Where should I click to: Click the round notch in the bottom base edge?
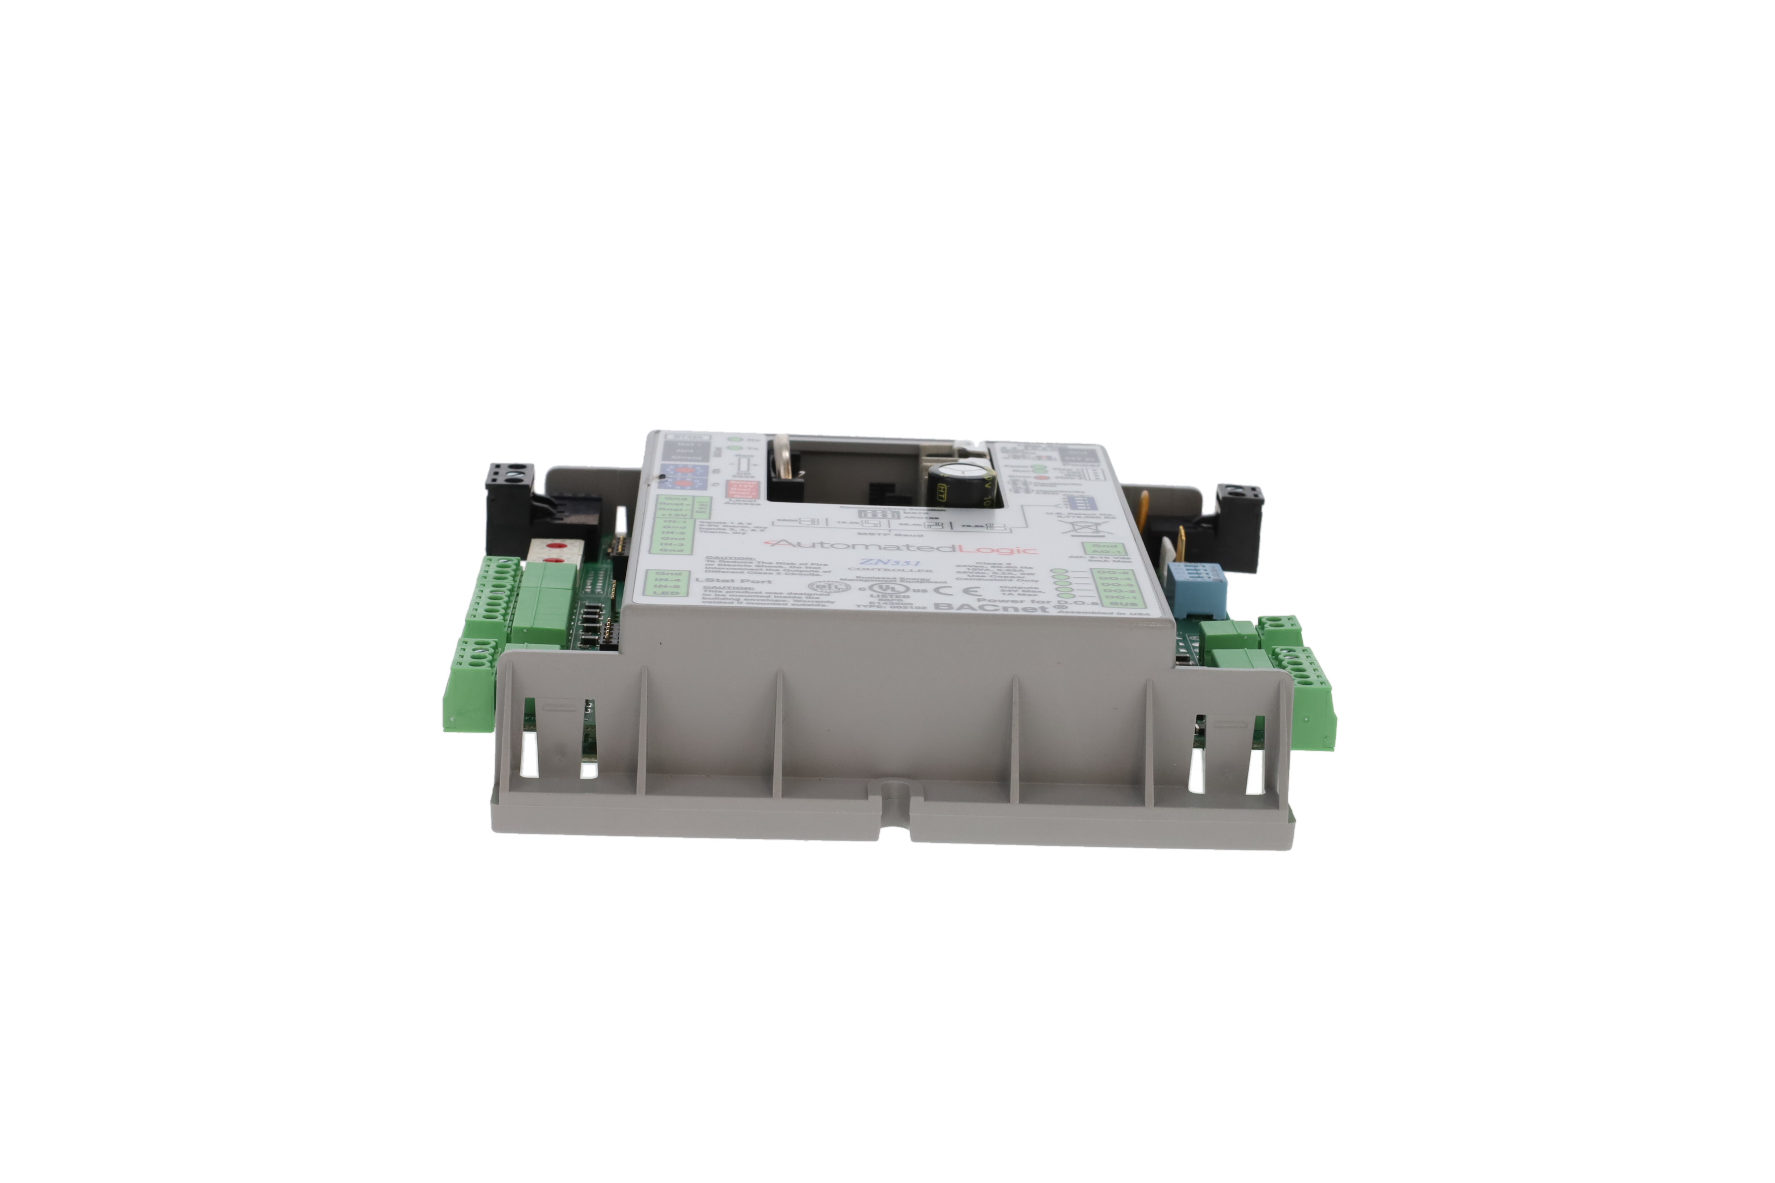pyautogui.click(x=892, y=790)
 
